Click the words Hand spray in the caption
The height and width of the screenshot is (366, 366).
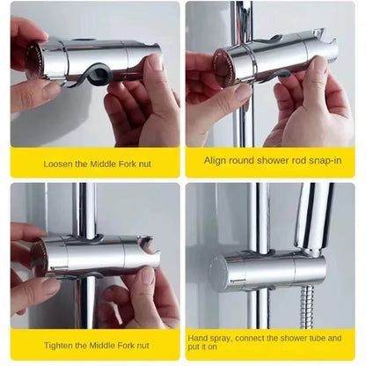coord(209,337)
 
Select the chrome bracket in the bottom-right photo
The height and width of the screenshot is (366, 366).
coord(264,268)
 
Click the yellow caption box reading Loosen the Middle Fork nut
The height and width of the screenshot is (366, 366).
coord(95,163)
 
